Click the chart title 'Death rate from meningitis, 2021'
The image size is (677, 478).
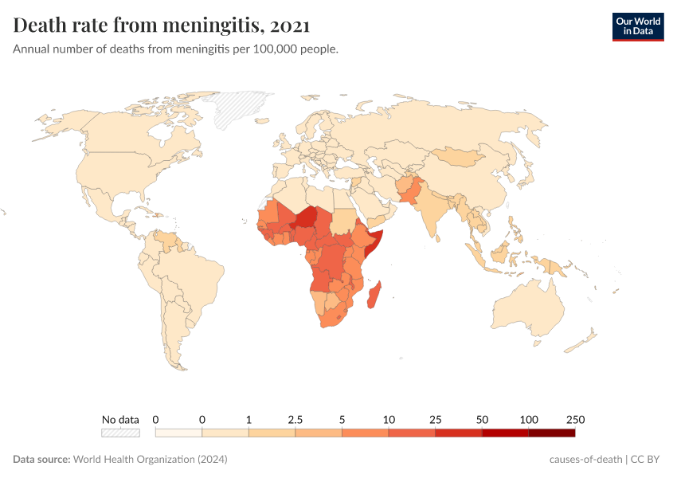coord(162,25)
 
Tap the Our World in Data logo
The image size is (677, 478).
coord(637,26)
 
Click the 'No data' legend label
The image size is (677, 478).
coord(120,419)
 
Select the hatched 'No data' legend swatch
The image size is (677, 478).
coord(120,433)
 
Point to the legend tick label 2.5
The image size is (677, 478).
coord(295,419)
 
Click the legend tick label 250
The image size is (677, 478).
coord(575,419)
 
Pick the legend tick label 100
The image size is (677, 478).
coord(528,419)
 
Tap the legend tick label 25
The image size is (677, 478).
coord(435,419)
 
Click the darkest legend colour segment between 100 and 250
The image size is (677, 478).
coord(551,433)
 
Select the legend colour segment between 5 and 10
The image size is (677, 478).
coord(365,433)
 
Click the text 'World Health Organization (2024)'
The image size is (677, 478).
coord(151,460)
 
